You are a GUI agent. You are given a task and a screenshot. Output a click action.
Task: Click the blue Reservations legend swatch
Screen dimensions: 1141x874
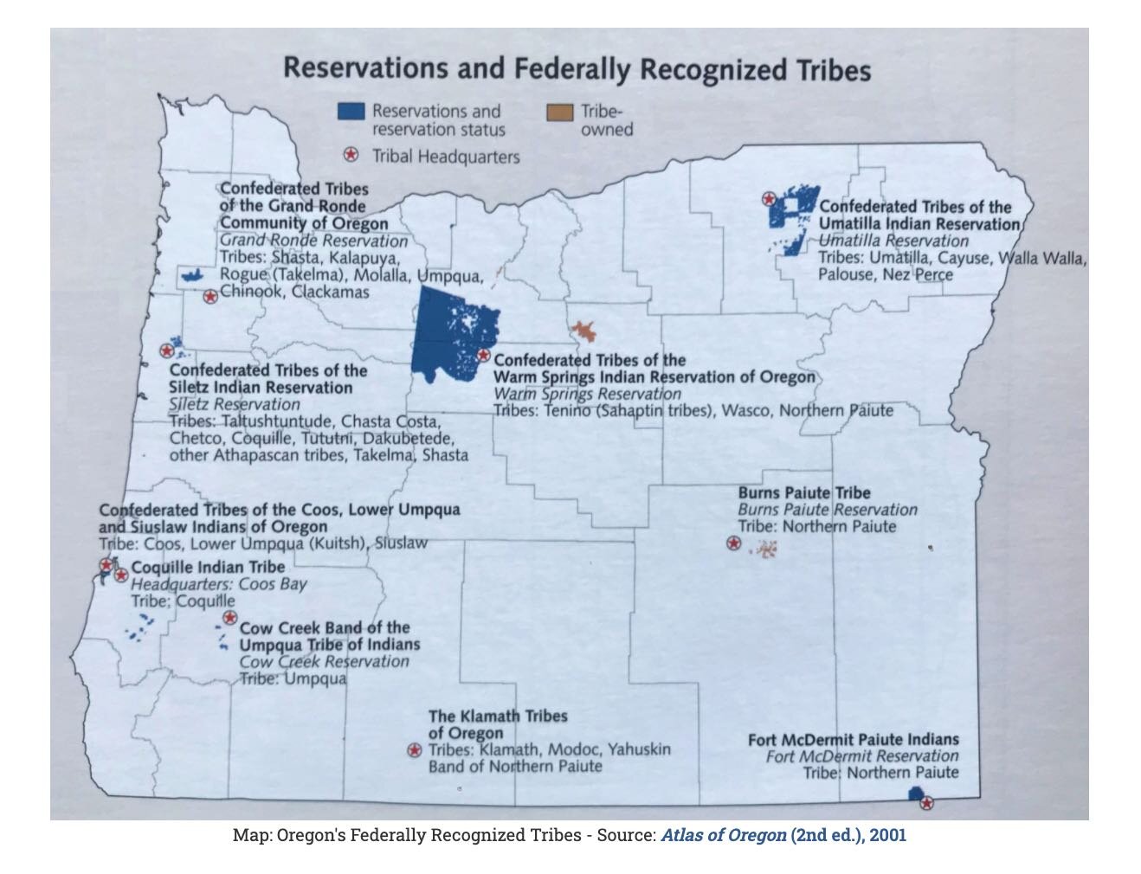click(350, 112)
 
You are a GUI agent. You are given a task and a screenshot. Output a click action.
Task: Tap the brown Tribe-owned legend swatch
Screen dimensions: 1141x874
click(560, 112)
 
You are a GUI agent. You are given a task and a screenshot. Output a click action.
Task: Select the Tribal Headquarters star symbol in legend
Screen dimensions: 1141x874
click(351, 156)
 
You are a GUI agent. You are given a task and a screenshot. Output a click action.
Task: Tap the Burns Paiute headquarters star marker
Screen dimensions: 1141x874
click(733, 543)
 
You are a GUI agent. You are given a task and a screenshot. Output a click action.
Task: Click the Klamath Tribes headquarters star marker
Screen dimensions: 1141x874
click(414, 750)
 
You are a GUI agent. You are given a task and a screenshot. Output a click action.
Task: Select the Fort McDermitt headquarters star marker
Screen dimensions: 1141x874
click(926, 803)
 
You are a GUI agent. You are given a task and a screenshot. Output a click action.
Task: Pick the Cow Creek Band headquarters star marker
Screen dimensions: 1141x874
click(229, 617)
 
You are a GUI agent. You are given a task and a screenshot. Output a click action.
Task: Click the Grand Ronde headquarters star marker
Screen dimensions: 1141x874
click(209, 297)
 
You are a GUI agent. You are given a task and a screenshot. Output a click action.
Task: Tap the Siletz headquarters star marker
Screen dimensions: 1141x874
click(166, 350)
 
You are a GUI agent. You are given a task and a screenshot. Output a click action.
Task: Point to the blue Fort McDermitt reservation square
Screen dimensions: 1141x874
click(914, 794)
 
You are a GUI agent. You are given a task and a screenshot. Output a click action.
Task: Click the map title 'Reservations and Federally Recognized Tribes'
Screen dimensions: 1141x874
click(577, 69)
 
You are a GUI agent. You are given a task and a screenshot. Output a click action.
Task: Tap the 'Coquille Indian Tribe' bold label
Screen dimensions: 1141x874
click(208, 568)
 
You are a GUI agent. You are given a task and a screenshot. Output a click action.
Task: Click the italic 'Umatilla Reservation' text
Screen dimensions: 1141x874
click(893, 241)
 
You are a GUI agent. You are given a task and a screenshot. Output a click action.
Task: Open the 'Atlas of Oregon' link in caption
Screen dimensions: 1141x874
click(724, 836)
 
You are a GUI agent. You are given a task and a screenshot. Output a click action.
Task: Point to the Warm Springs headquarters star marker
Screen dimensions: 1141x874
click(484, 355)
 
